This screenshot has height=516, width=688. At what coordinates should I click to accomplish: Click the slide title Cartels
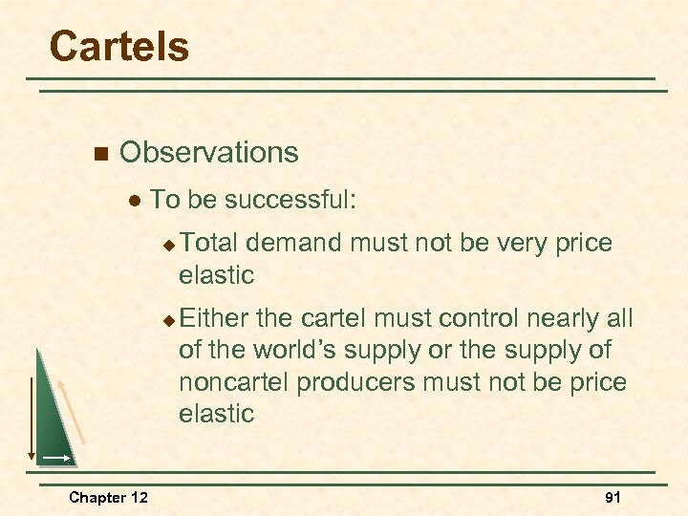click(119, 46)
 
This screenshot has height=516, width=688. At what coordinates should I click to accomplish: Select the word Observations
click(208, 152)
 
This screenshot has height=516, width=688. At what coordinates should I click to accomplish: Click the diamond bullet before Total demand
click(168, 245)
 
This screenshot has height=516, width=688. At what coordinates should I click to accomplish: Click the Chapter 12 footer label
click(108, 497)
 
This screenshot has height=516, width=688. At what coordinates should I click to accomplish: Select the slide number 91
click(613, 497)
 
